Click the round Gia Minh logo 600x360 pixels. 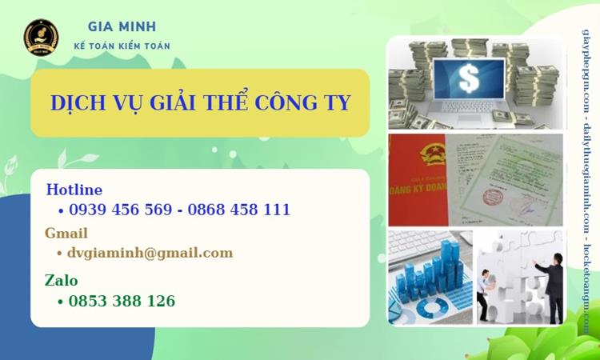(41, 36)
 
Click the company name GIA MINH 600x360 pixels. (122, 26)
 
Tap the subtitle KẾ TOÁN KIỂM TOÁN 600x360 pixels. (122, 46)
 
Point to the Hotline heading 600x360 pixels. (74, 190)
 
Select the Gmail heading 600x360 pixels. (66, 234)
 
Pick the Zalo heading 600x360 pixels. (62, 281)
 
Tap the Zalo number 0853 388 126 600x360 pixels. (122, 302)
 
